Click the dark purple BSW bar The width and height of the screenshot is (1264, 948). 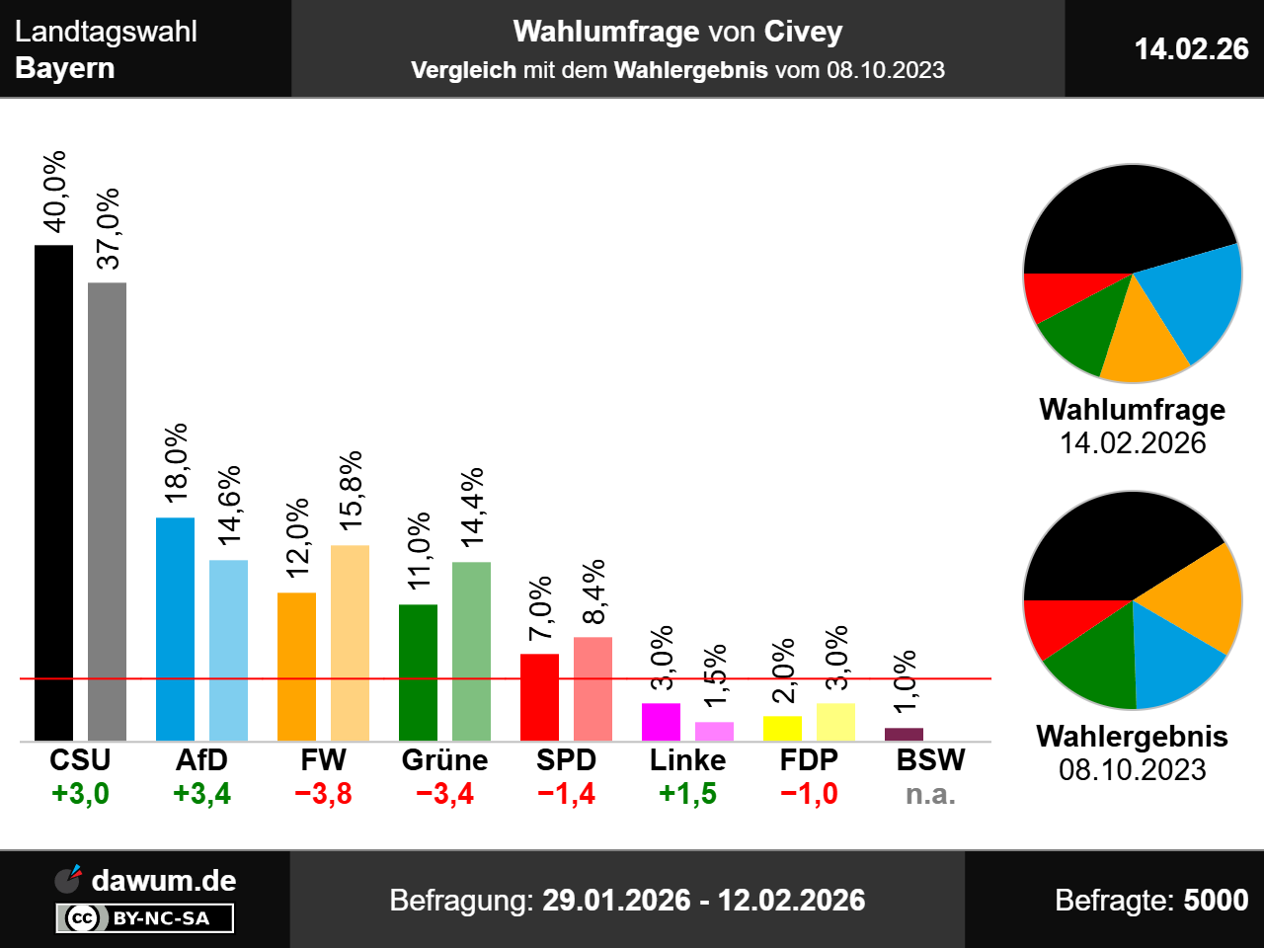(904, 734)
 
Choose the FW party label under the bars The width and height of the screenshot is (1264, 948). (323, 760)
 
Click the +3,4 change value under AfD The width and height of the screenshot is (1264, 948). (201, 794)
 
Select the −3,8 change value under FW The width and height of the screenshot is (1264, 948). (323, 794)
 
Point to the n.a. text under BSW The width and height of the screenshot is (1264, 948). (930, 794)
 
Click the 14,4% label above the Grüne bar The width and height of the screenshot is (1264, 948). (473, 507)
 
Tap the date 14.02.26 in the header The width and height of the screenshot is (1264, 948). (1191, 48)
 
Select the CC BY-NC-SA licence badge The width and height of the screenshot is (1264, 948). (145, 918)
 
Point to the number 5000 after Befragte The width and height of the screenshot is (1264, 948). (1216, 901)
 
